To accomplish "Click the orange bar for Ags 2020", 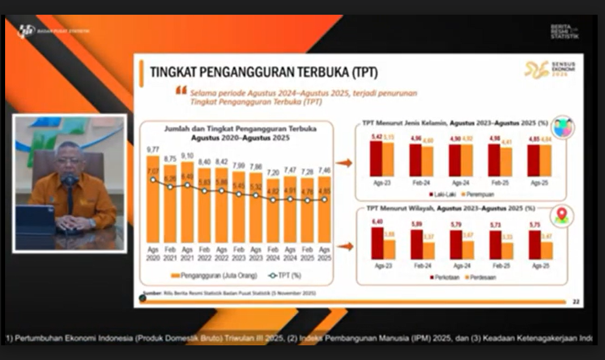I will point(153,198).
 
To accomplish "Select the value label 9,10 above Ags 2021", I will point(187,156).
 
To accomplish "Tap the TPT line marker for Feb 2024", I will point(273,199).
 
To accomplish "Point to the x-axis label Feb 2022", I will point(204,252).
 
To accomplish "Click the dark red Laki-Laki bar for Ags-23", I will point(376,158).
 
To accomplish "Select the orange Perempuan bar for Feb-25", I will point(506,161).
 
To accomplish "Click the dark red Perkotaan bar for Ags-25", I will point(534,244).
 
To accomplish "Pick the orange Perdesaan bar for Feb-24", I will point(429,250).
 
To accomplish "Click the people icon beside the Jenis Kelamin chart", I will point(563,127).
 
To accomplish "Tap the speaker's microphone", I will point(70,181).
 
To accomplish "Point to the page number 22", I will point(576,301).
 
